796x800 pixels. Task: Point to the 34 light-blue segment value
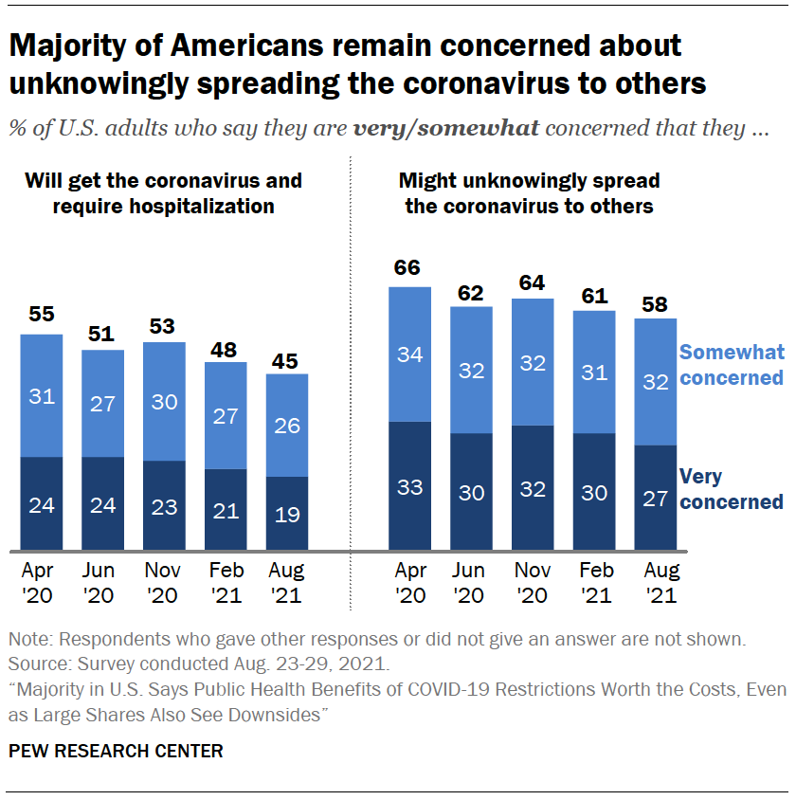tap(409, 355)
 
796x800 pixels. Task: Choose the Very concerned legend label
tap(732, 489)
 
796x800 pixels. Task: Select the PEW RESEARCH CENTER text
tap(116, 751)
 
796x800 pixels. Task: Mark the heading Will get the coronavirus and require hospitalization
tap(163, 192)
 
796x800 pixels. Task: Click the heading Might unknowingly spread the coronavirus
tap(529, 192)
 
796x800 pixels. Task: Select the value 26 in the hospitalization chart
tap(287, 426)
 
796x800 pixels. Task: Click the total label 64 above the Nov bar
tap(533, 282)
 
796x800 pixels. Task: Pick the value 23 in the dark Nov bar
tap(164, 506)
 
